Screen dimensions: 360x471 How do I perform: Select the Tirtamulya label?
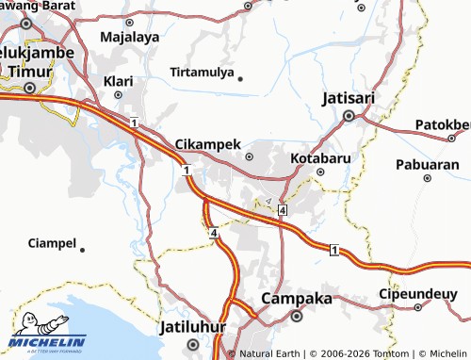[201, 72]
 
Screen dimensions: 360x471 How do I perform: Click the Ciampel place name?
[53, 243]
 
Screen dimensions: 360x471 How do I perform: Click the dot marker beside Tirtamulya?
[240, 79]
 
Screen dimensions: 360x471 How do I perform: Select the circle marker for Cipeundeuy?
[418, 307]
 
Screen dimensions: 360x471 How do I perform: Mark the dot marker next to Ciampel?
[83, 250]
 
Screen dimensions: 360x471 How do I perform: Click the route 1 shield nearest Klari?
[136, 123]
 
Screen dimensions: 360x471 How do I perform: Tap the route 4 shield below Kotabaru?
[282, 212]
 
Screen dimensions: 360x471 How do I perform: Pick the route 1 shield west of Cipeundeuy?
[334, 250]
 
